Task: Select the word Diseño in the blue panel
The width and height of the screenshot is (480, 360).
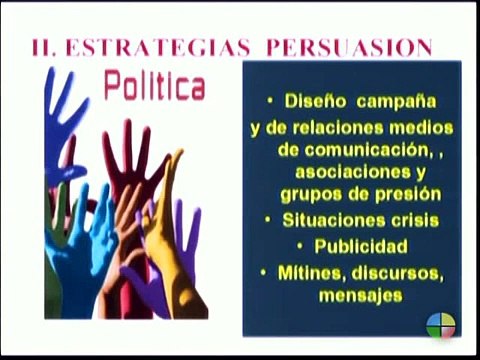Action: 316,104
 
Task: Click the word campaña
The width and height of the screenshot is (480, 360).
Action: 395,104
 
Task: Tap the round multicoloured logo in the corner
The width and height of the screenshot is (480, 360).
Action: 440,326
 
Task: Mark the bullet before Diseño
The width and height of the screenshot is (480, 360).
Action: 270,104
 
